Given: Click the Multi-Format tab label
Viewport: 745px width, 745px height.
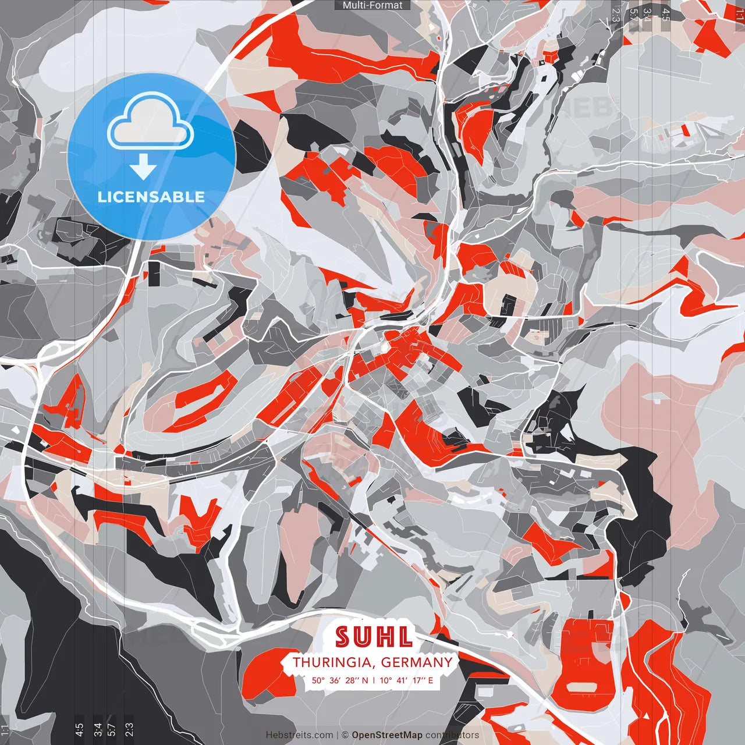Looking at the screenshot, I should click(372, 5).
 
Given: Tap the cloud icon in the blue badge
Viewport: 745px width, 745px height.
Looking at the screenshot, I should click(151, 123).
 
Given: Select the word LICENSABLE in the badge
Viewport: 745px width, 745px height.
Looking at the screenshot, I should click(151, 197).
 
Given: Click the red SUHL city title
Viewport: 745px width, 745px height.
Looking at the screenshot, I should click(374, 637).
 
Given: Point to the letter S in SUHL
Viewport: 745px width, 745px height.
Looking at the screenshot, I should click(343, 637).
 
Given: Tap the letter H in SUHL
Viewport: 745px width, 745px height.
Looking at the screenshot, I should click(385, 637).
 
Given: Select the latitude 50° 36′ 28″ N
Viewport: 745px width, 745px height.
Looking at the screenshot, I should click(340, 680).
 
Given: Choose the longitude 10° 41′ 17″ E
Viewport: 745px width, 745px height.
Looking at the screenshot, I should click(407, 680).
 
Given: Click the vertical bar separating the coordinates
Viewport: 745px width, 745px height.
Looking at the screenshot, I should click(374, 680).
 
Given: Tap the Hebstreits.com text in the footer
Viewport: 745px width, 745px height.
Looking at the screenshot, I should click(300, 735).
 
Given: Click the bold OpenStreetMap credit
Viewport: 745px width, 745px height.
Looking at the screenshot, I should click(387, 735).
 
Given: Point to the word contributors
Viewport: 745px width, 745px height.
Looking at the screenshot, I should click(452, 735).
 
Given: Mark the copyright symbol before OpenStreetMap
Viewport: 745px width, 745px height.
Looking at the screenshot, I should click(345, 735).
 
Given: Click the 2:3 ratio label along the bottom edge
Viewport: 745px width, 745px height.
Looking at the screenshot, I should click(129, 729).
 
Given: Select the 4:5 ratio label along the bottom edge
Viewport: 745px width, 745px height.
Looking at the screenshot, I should click(79, 729).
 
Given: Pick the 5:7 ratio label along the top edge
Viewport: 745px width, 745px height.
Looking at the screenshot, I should click(633, 13).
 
